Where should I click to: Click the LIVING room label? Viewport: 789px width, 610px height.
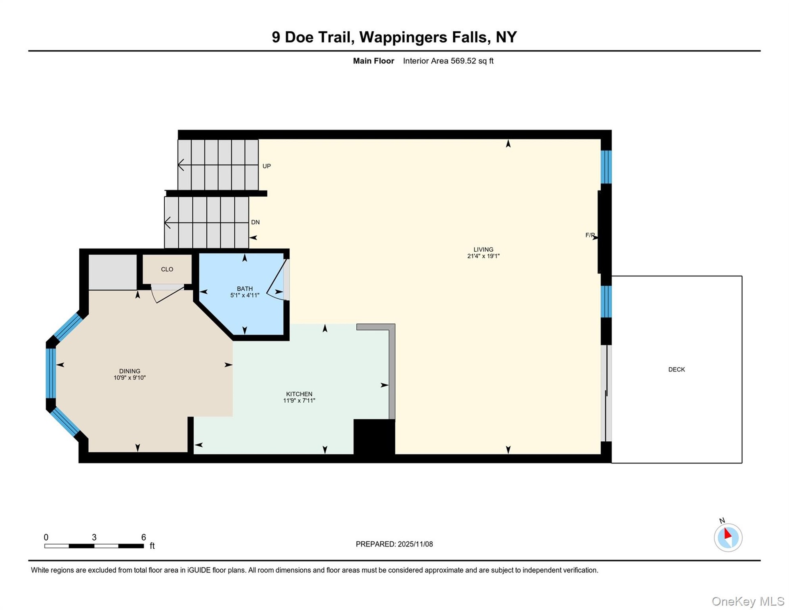click(x=483, y=249)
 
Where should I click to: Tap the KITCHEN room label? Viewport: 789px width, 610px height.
click(x=299, y=394)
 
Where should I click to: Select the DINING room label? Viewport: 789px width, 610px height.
click(x=129, y=371)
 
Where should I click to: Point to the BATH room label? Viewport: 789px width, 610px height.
click(x=245, y=289)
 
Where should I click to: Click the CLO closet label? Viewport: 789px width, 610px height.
click(x=167, y=269)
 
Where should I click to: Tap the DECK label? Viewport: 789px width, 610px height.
click(x=676, y=369)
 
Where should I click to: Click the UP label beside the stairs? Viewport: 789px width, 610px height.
click(x=267, y=166)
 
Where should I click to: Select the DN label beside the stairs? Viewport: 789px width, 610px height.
click(x=255, y=222)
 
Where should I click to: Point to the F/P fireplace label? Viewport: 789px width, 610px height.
click(x=590, y=235)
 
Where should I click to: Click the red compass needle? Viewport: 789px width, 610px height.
click(x=727, y=533)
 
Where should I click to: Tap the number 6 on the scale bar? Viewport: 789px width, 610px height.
click(x=143, y=537)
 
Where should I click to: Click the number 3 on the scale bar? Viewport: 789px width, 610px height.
click(x=94, y=537)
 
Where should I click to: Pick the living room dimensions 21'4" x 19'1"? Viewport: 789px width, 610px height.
click(x=483, y=256)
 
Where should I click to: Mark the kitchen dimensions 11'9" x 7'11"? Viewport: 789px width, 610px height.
click(x=299, y=401)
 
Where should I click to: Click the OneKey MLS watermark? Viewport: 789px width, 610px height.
click(x=748, y=601)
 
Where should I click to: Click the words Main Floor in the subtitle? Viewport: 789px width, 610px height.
click(x=374, y=61)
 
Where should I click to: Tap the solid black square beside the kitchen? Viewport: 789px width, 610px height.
click(x=374, y=437)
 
